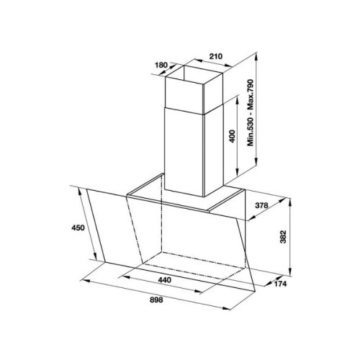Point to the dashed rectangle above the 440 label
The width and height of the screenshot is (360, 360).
(x=194, y=263)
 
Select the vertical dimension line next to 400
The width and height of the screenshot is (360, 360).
(x=236, y=137)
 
